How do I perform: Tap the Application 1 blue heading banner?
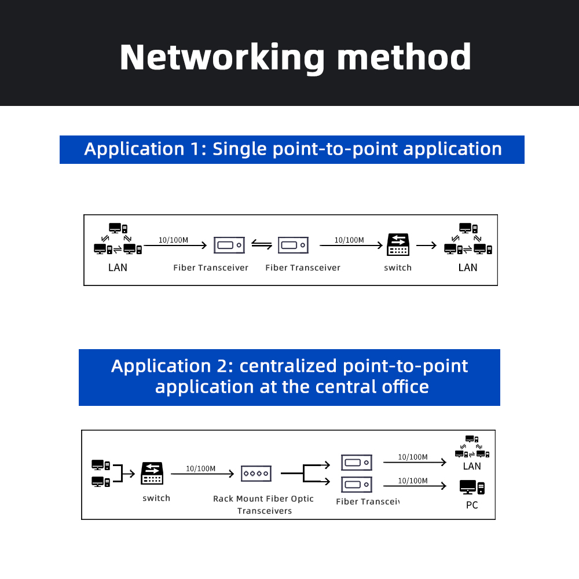tap(292, 149)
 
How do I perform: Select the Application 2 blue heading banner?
tap(289, 377)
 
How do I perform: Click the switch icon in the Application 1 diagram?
tap(398, 245)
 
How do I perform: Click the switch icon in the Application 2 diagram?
tap(152, 474)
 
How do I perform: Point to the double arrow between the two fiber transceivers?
tap(262, 245)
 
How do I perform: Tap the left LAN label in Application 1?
tap(118, 267)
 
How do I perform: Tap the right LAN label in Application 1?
tap(468, 267)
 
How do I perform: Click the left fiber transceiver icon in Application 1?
tap(230, 245)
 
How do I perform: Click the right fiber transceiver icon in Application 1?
tap(293, 245)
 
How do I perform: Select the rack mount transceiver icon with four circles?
tap(256, 474)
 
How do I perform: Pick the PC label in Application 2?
tap(472, 505)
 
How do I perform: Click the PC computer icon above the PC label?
tap(471, 487)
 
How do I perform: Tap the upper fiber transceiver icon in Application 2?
tap(356, 463)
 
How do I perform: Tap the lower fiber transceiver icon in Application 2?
tap(356, 483)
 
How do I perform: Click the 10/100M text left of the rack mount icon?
tap(200, 468)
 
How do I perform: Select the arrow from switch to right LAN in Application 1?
tap(426, 245)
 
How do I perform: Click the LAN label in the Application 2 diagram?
tap(472, 466)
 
